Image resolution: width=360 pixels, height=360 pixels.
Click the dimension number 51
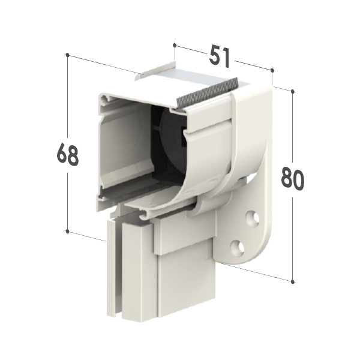pyautogui.click(x=219, y=56)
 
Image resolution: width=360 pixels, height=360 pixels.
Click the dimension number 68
pyautogui.click(x=67, y=154)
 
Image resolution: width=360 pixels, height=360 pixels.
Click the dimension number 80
pyautogui.click(x=293, y=179)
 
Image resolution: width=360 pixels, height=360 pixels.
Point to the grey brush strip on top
pyautogui.click(x=208, y=92)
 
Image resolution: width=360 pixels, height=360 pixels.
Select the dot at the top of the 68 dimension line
pyautogui.click(x=67, y=55)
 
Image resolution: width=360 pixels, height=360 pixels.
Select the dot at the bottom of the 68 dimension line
pyautogui.click(x=67, y=231)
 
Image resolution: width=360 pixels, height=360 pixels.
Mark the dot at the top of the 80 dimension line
pyautogui.click(x=293, y=91)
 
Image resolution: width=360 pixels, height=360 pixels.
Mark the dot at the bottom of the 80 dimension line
pyautogui.click(x=293, y=281)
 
